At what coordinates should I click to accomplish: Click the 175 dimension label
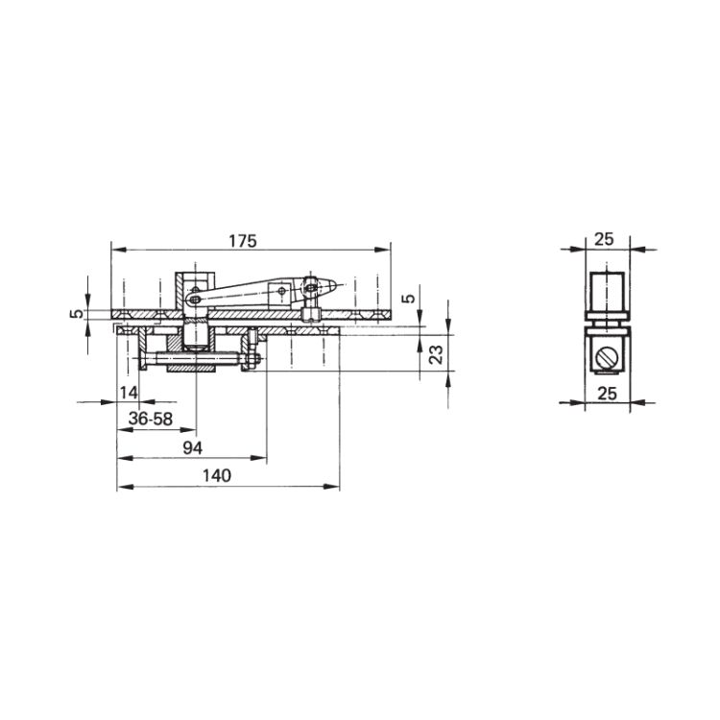coord(243,241)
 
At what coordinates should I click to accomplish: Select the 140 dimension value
coord(217,476)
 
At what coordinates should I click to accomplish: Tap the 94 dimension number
coord(192,447)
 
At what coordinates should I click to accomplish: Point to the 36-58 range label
coord(150,419)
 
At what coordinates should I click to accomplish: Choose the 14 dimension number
coord(129,393)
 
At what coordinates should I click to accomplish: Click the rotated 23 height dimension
coord(436,354)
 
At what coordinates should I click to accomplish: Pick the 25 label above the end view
coord(604,239)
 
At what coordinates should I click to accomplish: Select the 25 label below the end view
coord(607,394)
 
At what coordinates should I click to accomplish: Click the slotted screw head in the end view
coord(606,357)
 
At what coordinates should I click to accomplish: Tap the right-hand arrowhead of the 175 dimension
coord(382,250)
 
